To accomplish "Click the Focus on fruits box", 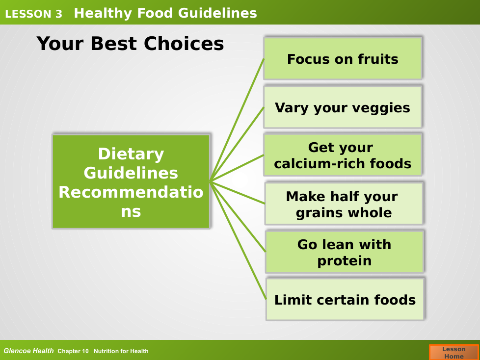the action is [343, 58].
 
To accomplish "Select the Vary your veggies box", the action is [343, 107].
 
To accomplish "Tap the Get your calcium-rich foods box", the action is [343, 155].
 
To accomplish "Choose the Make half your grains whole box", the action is [344, 204].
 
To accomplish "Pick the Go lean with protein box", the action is [345, 252].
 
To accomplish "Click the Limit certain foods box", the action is [345, 300].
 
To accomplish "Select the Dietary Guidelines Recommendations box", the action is [131, 181].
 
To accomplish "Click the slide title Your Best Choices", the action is [130, 44].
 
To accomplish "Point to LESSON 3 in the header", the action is [34, 14].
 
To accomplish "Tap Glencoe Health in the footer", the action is [28, 351].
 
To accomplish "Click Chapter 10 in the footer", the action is [73, 351].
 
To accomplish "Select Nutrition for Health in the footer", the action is [121, 351].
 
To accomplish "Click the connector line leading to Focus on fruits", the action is [237, 120].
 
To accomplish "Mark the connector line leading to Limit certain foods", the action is [238, 241].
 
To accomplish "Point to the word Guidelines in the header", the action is [217, 13].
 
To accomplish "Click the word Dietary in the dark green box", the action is [131, 154].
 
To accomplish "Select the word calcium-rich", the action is [320, 163].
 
